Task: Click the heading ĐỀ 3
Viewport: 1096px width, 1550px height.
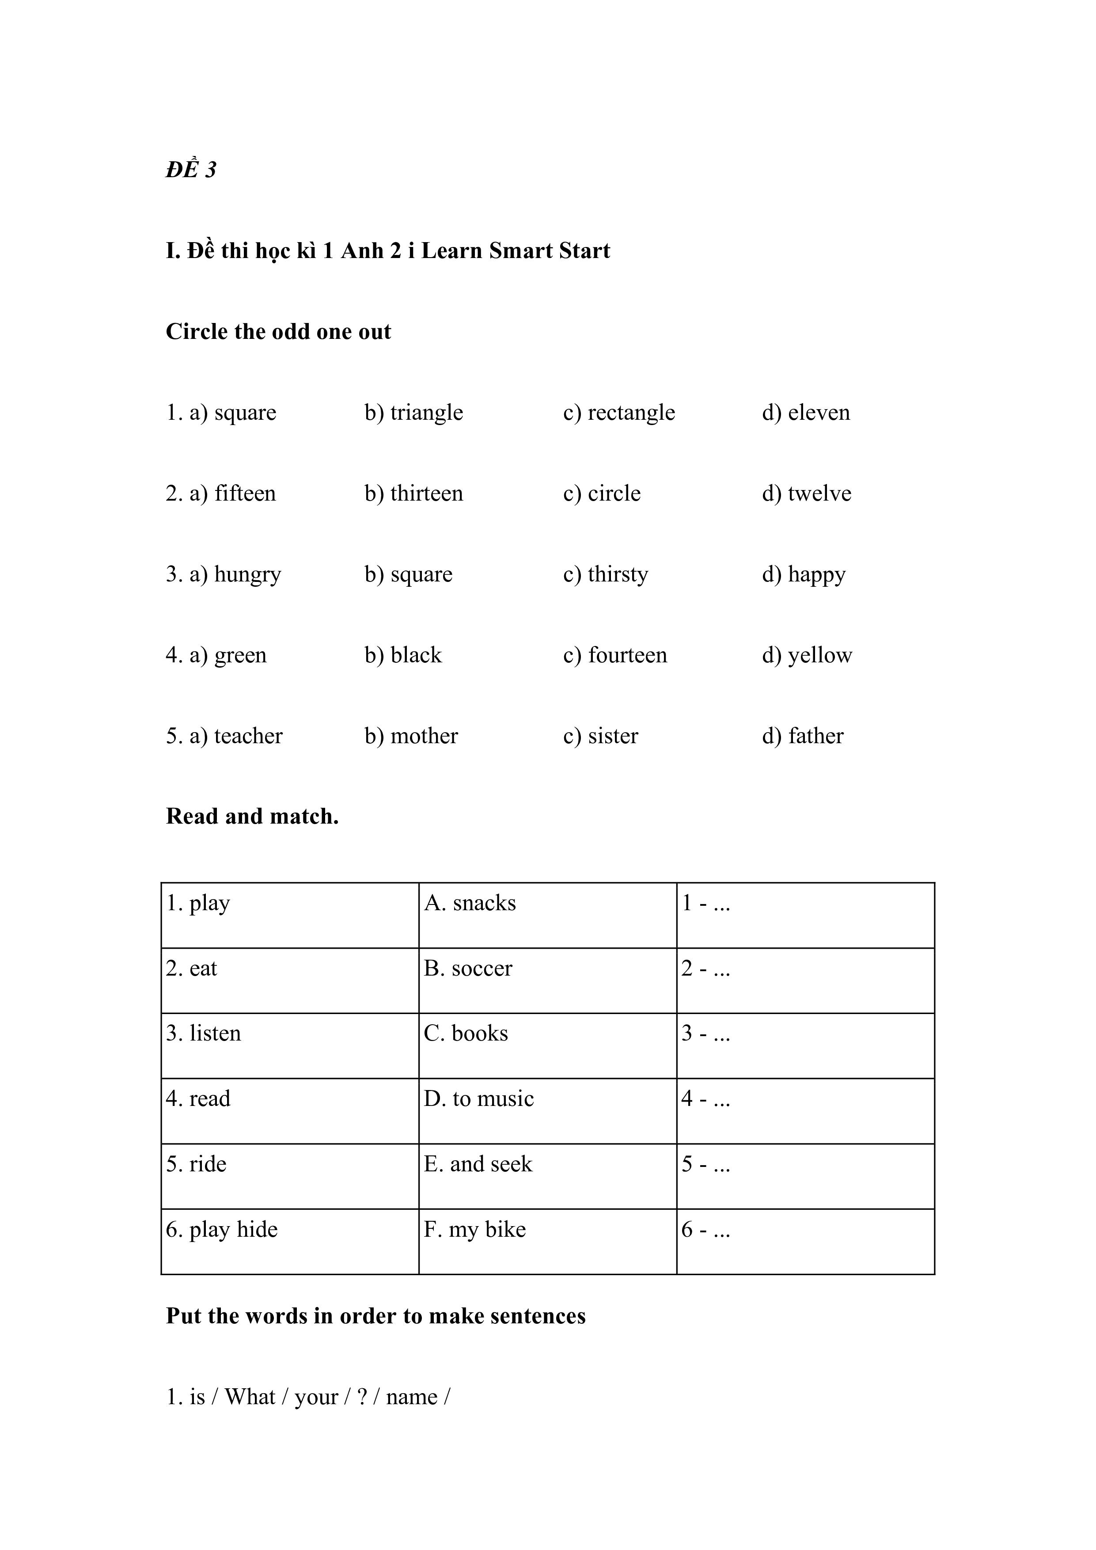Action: [x=191, y=169]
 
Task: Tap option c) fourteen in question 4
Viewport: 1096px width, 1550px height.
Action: [x=615, y=655]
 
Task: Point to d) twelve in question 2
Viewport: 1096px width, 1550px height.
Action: [x=807, y=494]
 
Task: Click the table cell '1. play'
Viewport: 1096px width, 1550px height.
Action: [x=198, y=903]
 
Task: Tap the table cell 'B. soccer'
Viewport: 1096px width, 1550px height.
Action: [x=468, y=969]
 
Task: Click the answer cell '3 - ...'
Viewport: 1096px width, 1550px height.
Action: [x=706, y=1033]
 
